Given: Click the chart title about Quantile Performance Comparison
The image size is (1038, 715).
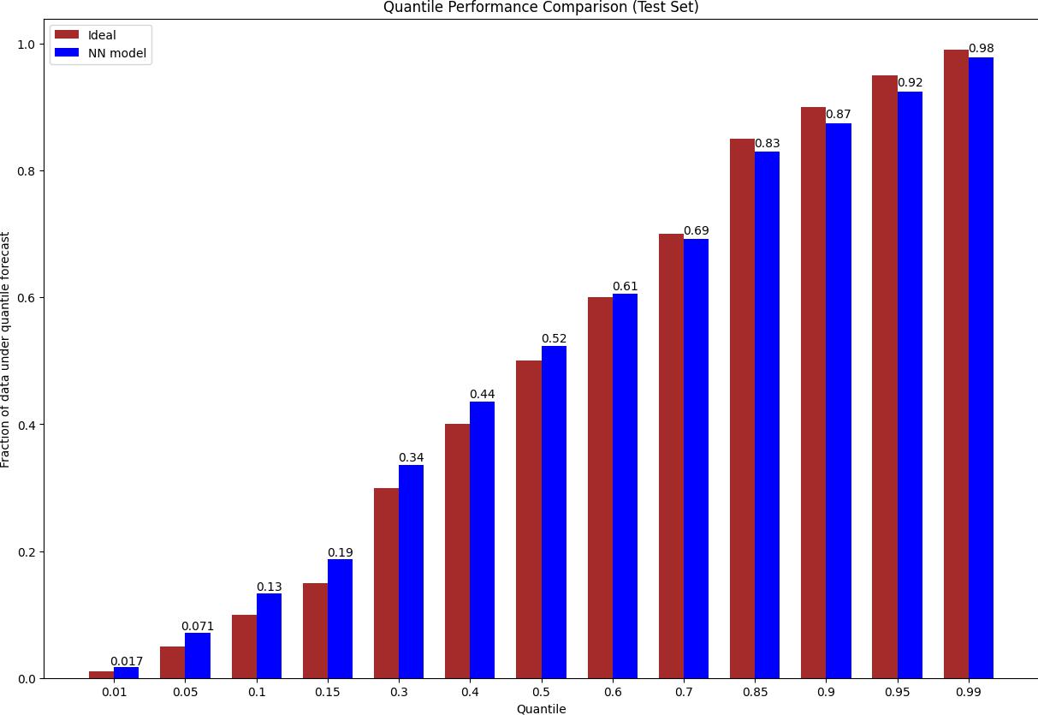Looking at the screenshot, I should [541, 8].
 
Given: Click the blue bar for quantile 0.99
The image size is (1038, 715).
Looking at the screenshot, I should [981, 368].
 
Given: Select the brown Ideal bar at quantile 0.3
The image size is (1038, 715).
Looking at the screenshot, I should [386, 583].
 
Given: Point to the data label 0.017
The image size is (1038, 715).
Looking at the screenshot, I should [127, 661].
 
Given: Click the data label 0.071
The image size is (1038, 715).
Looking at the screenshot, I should [198, 626].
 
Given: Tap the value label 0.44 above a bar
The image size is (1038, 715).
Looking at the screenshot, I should [482, 395].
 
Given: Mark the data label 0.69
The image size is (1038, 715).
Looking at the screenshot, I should [696, 231].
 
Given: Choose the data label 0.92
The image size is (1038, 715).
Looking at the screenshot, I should [910, 83].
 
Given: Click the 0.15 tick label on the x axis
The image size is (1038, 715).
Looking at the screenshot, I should [328, 692].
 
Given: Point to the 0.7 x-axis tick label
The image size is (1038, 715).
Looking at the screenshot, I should [684, 692].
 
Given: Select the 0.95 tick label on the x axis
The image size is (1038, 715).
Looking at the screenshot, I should [897, 692].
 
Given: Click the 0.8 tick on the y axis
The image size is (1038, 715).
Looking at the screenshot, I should [28, 171].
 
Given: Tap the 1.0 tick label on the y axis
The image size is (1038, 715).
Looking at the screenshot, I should [28, 45].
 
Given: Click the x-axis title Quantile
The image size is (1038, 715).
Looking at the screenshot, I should [541, 709].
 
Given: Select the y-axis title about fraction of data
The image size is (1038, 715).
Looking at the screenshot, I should [7, 349].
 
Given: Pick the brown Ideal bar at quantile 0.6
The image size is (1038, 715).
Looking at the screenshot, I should [600, 488].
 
